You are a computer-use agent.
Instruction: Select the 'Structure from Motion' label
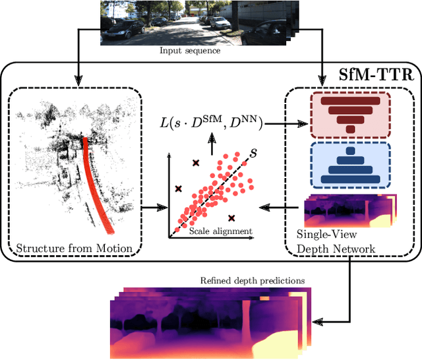pyautogui.click(x=74, y=249)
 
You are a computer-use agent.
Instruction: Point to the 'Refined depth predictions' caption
pyautogui.click(x=253, y=280)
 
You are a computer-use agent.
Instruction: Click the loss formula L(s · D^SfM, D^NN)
pyautogui.click(x=211, y=121)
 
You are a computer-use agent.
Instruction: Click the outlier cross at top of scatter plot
pyautogui.click(x=195, y=162)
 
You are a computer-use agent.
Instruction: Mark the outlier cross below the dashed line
pyautogui.click(x=231, y=218)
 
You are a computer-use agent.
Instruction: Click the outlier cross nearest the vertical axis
pyautogui.click(x=178, y=189)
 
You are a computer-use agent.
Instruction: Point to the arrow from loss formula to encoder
pyautogui.click(x=284, y=122)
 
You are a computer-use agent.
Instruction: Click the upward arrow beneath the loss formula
pyautogui.click(x=211, y=139)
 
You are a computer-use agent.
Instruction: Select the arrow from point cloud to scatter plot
pyautogui.click(x=154, y=208)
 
